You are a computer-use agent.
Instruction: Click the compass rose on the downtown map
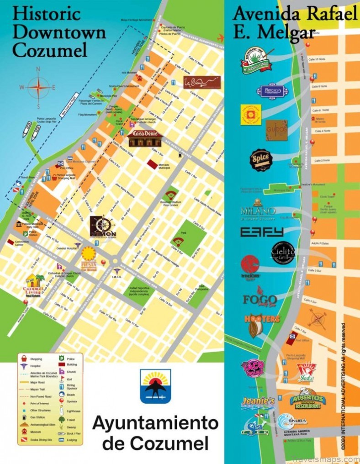click(38, 87)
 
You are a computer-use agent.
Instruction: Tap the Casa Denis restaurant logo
click(144, 138)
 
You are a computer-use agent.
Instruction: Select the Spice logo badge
click(261, 160)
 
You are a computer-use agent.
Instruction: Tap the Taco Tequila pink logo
click(253, 368)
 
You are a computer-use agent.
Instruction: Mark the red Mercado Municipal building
click(152, 163)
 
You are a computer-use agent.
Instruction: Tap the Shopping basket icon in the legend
click(23, 359)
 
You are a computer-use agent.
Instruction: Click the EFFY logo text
click(262, 232)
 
